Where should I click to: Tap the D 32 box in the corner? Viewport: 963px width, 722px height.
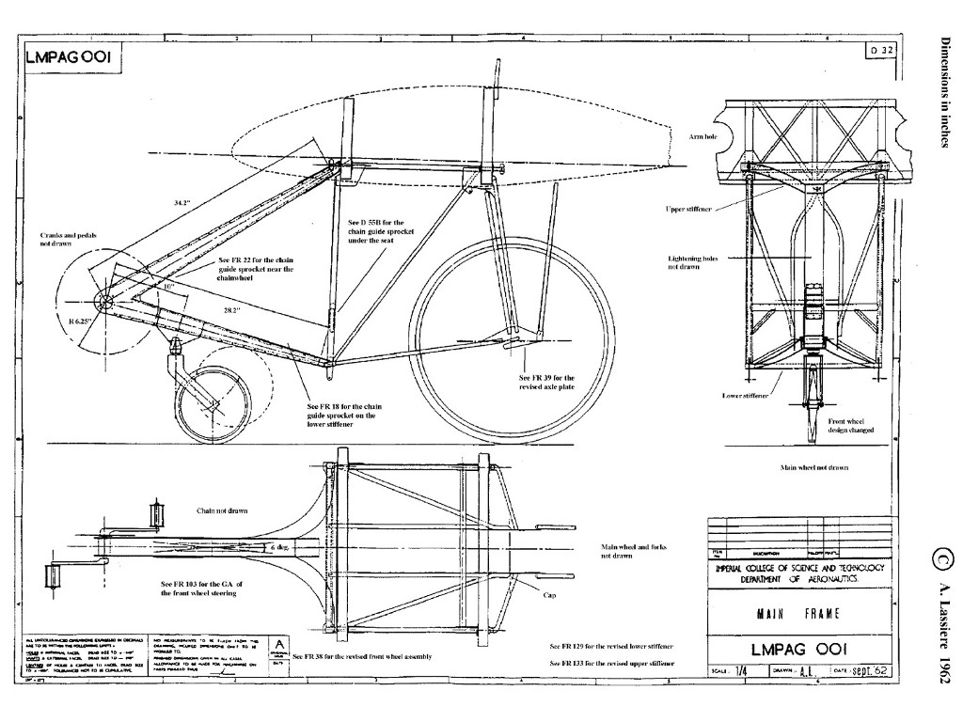coord(880,51)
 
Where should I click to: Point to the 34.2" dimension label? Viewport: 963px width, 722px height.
coord(182,202)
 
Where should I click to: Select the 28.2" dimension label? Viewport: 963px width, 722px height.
coord(232,309)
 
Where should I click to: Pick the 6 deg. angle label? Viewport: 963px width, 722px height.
coord(280,546)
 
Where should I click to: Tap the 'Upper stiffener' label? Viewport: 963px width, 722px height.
coord(688,208)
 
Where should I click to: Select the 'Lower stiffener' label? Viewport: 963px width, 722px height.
coord(745,396)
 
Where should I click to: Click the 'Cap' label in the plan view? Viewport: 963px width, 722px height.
coord(549,594)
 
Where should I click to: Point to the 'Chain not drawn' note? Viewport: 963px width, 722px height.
coord(222,510)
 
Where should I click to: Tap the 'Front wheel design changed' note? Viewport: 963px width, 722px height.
coord(851,425)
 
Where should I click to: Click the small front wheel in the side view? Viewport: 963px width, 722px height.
coord(213,407)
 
